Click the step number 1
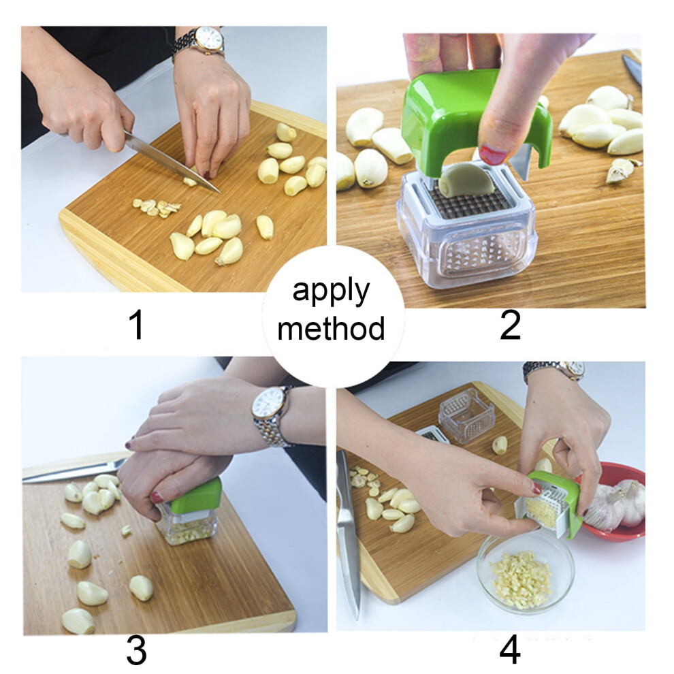point(138,325)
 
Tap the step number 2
point(511,325)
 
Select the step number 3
point(137,650)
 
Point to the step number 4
point(510,650)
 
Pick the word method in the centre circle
point(331,329)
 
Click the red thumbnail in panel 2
point(493,155)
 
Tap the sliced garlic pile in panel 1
point(157,207)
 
